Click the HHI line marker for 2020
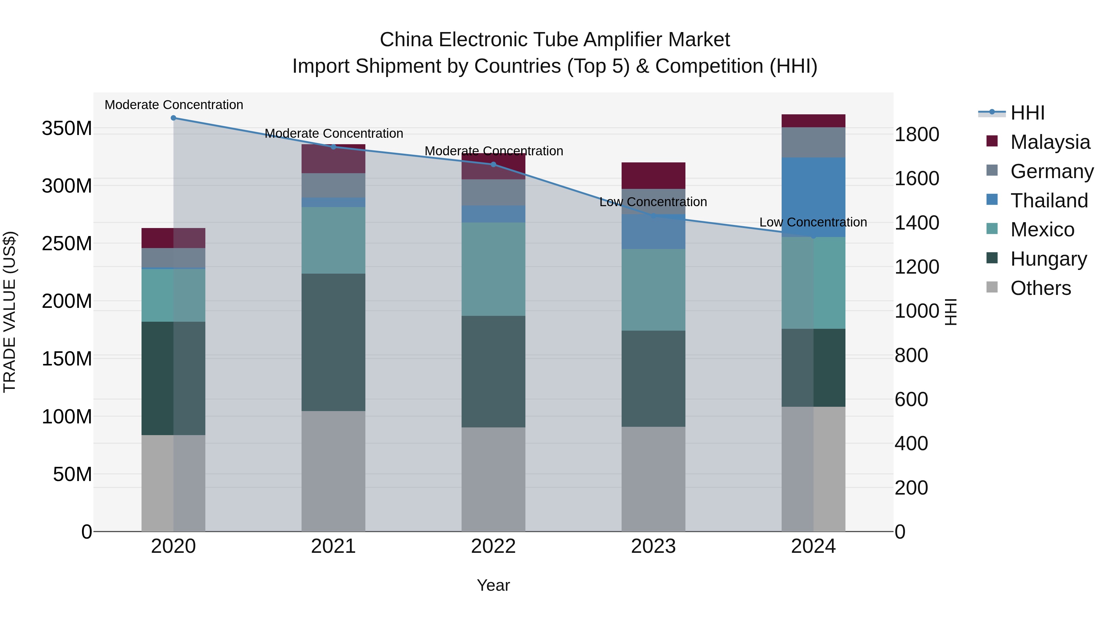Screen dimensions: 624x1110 pos(173,118)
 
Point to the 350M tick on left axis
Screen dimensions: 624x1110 pos(67,128)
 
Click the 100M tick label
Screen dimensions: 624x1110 pos(67,416)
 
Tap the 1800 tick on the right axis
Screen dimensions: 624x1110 pos(917,134)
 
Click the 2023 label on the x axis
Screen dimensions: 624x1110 pos(653,546)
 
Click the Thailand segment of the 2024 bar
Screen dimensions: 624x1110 pos(813,197)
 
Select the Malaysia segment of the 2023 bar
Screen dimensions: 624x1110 pos(653,175)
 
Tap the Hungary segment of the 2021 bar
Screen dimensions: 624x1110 pos(333,342)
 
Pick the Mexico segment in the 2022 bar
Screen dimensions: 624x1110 pos(493,269)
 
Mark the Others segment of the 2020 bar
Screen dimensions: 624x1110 pos(173,483)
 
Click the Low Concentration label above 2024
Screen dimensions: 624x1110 pos(813,222)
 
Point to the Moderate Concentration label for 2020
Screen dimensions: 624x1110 pos(174,105)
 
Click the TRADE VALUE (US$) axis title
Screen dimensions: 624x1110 pos(10,312)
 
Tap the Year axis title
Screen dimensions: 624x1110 pos(493,585)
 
